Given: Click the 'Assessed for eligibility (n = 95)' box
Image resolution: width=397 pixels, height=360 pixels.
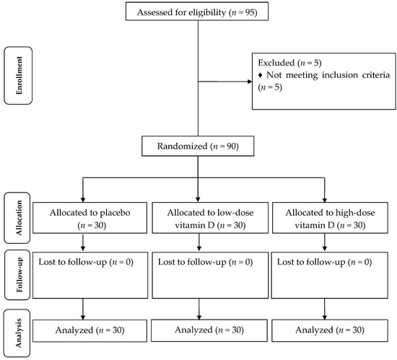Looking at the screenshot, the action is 197,12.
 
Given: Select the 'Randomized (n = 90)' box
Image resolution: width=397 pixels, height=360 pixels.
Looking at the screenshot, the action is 198,146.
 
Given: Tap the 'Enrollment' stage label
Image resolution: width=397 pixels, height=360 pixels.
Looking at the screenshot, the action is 18,75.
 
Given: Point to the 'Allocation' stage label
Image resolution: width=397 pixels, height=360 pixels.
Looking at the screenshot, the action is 17,218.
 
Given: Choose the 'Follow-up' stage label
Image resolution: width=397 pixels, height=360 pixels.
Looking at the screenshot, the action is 17,275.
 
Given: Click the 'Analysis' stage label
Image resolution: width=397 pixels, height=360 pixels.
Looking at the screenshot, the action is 17,333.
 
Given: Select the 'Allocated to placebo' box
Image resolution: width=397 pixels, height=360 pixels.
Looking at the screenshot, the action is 90,218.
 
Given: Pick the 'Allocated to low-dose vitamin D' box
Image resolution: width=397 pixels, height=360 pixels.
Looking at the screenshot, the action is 210,218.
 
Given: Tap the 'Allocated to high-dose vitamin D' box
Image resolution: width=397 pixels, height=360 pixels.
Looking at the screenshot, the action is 330,218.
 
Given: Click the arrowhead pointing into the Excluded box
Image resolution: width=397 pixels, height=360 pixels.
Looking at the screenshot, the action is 250,82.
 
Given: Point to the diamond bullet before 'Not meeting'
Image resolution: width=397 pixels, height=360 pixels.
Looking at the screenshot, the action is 261,75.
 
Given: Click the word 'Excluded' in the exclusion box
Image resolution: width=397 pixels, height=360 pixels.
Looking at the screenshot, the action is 276,63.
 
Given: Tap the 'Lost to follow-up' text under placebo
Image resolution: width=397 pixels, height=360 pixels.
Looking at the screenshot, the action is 73,262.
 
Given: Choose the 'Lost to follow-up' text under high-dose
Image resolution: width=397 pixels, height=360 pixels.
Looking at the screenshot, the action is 311,262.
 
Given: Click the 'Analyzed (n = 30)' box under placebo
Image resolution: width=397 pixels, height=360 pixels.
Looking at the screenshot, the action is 90,330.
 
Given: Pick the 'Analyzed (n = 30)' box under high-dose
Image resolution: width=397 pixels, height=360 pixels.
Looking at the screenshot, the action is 330,330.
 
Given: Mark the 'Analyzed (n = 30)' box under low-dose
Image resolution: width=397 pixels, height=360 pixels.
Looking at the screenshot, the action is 209,330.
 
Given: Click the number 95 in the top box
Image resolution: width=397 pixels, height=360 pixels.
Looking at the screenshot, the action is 250,12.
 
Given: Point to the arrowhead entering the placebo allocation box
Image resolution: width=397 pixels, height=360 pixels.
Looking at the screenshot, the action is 83,200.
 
